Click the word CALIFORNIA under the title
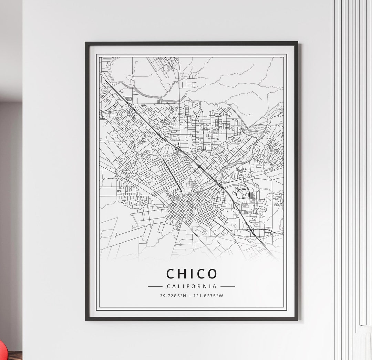point(192,286)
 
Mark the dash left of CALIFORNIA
point(155,286)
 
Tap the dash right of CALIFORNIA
point(228,286)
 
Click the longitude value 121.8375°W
point(207,296)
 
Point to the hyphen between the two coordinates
point(189,296)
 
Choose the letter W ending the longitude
point(221,296)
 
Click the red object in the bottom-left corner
point(3,351)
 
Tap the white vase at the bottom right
point(364,342)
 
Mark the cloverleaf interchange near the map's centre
point(178,148)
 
